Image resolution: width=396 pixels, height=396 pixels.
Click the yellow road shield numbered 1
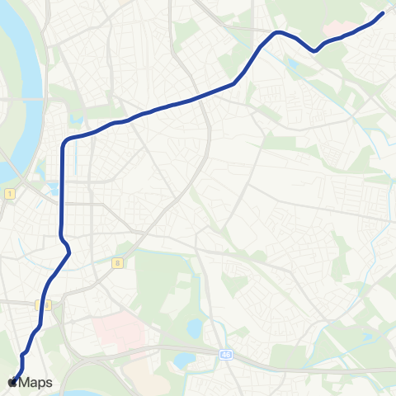[x=9, y=193]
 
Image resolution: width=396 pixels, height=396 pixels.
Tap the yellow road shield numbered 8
[x=118, y=262]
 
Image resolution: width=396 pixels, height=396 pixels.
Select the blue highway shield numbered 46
[x=226, y=354]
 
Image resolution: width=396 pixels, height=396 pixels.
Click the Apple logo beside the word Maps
[x=12, y=382]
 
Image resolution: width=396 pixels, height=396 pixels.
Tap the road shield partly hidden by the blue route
[x=45, y=305]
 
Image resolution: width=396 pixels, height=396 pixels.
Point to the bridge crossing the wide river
[x=21, y=99]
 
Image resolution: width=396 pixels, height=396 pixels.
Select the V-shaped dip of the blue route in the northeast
[x=315, y=50]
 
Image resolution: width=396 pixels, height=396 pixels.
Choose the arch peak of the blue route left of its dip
[x=279, y=32]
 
